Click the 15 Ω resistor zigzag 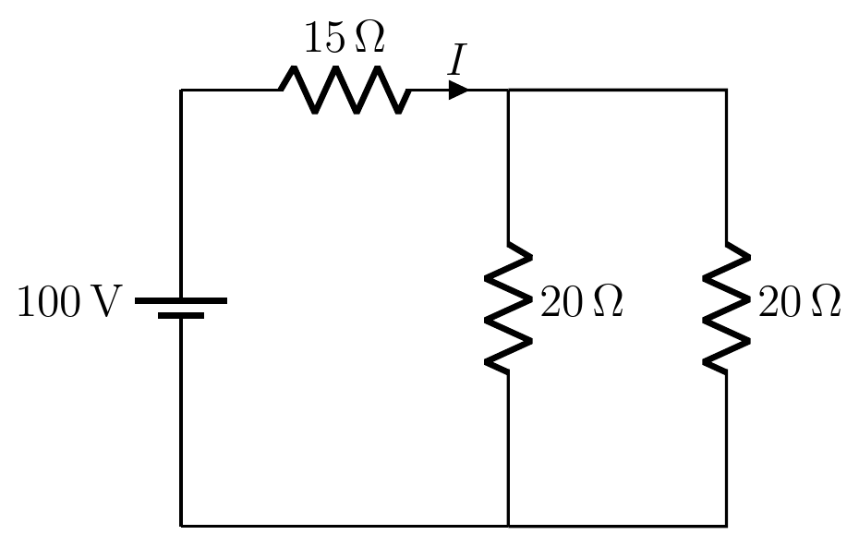tap(345, 90)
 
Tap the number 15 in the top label tap(325, 38)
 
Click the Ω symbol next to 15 tap(370, 37)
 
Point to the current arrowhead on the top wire tap(458, 90)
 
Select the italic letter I tap(457, 60)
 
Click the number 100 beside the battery tap(49, 301)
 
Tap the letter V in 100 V tap(103, 301)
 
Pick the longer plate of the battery tap(181, 300)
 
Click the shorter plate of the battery tap(181, 315)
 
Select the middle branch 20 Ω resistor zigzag tap(508, 308)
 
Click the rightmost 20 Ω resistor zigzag tap(726, 308)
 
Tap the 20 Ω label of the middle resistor tap(582, 301)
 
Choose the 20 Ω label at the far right tap(800, 301)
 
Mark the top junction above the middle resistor tap(508, 90)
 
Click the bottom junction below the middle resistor tap(508, 526)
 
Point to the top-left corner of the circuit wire tap(181, 90)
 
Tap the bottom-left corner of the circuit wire tap(181, 526)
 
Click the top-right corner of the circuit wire tap(726, 90)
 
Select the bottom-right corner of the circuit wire tap(726, 526)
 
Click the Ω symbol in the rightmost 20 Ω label tap(827, 301)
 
